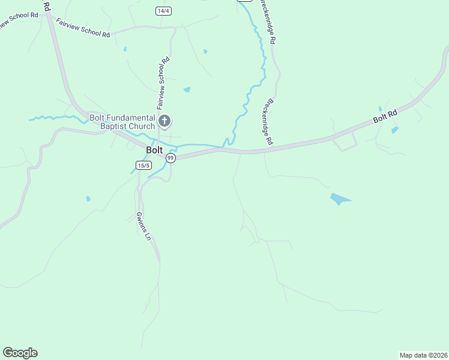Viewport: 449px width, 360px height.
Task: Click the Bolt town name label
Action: click(x=154, y=150)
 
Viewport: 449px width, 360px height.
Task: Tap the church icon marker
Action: click(x=164, y=122)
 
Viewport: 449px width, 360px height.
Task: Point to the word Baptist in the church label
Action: click(x=106, y=127)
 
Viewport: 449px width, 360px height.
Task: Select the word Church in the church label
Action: click(x=138, y=127)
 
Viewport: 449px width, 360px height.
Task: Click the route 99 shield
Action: click(x=170, y=158)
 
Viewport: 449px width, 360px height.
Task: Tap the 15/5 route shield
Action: click(x=142, y=166)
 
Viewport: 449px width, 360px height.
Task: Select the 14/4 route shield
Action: click(x=163, y=11)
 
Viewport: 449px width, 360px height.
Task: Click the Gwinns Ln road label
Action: click(x=143, y=226)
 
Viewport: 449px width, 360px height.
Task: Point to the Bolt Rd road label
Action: click(x=385, y=116)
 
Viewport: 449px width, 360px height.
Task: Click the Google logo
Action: click(x=20, y=353)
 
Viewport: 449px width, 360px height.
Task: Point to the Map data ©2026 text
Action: click(x=424, y=355)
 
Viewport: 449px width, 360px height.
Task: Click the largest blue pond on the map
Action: click(x=339, y=199)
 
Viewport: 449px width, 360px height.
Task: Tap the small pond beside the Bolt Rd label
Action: click(x=394, y=130)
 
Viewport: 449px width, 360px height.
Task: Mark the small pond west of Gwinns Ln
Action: click(x=88, y=199)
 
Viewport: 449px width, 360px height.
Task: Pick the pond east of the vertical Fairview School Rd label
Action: click(x=187, y=90)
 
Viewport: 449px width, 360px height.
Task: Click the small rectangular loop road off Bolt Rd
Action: click(x=345, y=142)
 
